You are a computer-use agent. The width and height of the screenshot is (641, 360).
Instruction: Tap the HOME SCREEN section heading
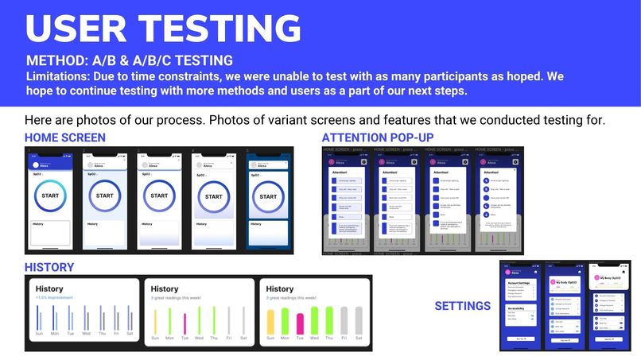65,138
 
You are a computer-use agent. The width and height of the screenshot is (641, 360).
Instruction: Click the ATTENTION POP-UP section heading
378,138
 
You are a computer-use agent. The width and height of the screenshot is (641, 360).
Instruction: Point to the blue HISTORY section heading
49,268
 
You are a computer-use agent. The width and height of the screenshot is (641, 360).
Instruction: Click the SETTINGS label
462,306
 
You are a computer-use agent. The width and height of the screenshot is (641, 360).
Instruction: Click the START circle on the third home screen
159,195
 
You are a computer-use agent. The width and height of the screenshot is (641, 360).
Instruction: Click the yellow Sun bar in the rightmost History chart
270,321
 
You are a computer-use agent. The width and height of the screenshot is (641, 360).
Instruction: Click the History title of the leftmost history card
49,288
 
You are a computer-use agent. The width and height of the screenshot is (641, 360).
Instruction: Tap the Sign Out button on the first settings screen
519,338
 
